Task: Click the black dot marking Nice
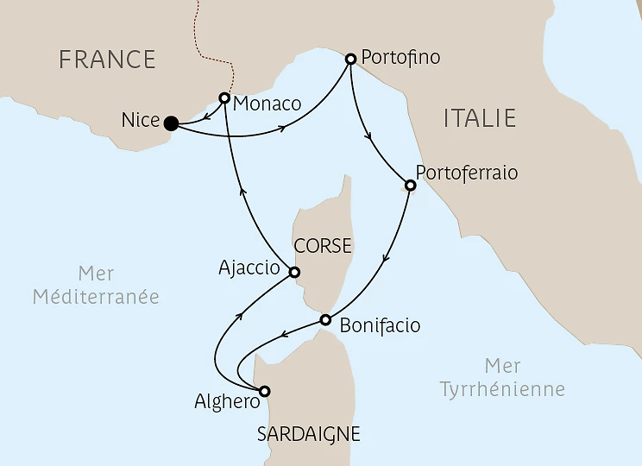(x=171, y=123)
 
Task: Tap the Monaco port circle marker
(x=224, y=98)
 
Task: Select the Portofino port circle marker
(x=350, y=60)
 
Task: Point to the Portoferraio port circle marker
(x=410, y=184)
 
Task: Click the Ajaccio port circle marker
(x=293, y=273)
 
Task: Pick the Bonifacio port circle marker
(x=325, y=320)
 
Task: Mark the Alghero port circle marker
(x=265, y=390)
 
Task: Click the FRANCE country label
(x=107, y=60)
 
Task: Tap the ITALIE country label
(x=479, y=118)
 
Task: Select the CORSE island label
(x=323, y=246)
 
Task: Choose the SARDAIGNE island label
(x=308, y=434)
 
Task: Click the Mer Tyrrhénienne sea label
(x=502, y=377)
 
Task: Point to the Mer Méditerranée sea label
(x=96, y=285)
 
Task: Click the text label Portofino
(x=401, y=58)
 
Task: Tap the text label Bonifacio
(x=380, y=326)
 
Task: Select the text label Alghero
(x=222, y=401)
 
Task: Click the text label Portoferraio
(x=467, y=173)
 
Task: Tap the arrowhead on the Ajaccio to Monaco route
(x=242, y=194)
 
